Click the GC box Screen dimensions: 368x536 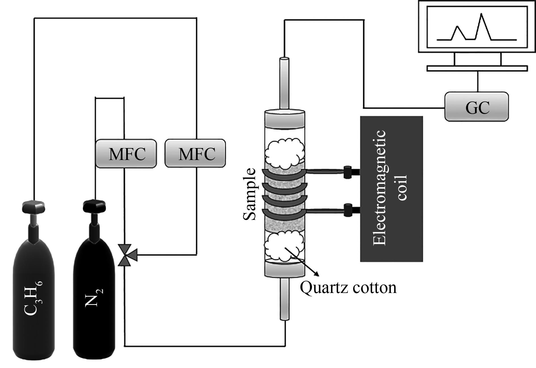point(476,107)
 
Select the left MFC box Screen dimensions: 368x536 point(126,153)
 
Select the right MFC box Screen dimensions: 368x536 point(195,153)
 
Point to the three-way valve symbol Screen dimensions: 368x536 point(125,255)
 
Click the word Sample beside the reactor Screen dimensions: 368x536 point(250,194)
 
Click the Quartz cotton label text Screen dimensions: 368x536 point(348,288)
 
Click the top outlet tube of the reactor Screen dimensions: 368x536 point(284,82)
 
